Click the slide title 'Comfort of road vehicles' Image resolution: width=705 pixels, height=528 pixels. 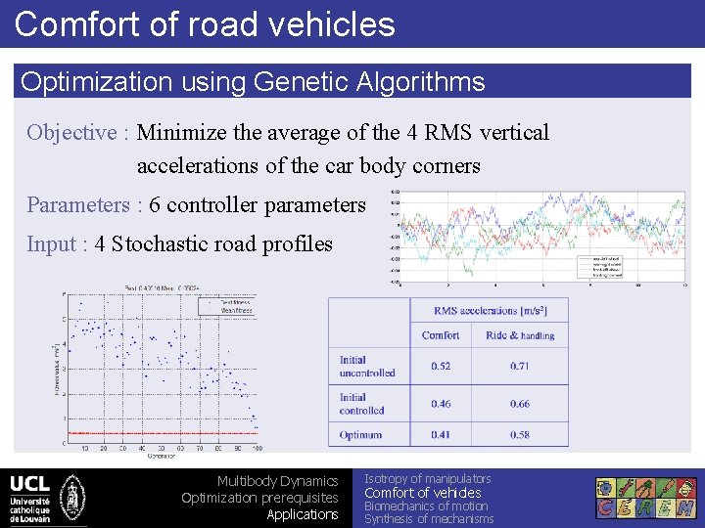(205, 23)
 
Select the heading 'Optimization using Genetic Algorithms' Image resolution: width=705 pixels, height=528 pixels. (253, 81)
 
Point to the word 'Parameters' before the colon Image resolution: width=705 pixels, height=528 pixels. (77, 204)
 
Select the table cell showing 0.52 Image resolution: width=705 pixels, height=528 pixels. (441, 366)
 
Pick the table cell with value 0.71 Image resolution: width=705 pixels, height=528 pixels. (520, 366)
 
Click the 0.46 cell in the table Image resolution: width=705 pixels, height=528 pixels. (441, 403)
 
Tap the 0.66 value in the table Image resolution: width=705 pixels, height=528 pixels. (520, 403)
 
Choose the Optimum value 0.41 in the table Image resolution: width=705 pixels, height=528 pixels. (441, 435)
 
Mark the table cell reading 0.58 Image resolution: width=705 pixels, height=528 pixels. (520, 435)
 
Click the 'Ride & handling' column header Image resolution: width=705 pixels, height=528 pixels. (520, 335)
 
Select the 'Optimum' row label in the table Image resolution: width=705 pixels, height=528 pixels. (361, 435)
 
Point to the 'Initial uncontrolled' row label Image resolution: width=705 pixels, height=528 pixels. (367, 366)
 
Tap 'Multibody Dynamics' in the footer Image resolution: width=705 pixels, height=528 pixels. (277, 481)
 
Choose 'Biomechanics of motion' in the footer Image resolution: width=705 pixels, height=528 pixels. (426, 506)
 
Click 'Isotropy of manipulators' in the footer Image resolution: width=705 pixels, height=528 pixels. (428, 478)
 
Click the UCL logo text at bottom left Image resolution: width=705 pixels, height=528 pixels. (29, 484)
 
